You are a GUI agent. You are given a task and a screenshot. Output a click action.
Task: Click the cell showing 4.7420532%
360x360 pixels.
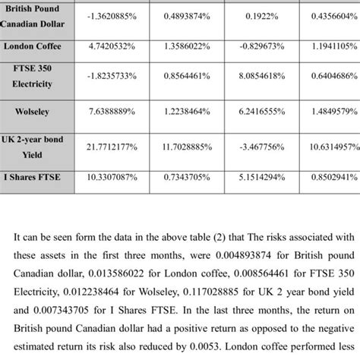click(113, 46)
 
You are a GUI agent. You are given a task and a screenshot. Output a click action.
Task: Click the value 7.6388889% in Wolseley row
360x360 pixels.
click(113, 110)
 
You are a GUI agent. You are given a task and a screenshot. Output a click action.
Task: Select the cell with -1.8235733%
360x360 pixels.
click(113, 77)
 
